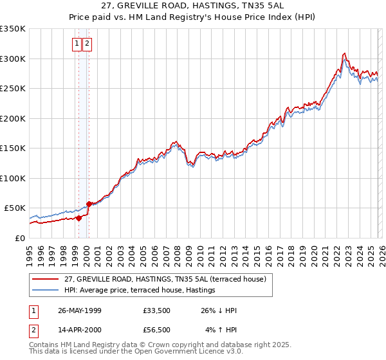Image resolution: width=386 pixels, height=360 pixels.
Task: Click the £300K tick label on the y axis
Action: [13, 59]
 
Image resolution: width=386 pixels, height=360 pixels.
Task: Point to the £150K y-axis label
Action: [13, 148]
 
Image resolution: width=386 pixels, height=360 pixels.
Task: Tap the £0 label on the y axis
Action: [19, 238]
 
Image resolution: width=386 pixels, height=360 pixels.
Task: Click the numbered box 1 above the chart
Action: [77, 44]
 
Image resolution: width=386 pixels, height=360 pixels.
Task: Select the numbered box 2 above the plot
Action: [87, 44]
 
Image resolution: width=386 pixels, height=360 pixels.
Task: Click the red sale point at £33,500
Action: [79, 218]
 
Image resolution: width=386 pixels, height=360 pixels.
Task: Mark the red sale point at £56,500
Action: [89, 204]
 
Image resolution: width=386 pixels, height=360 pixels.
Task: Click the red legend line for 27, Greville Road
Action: [45, 279]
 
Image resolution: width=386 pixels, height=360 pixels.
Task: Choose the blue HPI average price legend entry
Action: [45, 290]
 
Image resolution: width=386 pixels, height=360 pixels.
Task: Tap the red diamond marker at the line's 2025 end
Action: [378, 235]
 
